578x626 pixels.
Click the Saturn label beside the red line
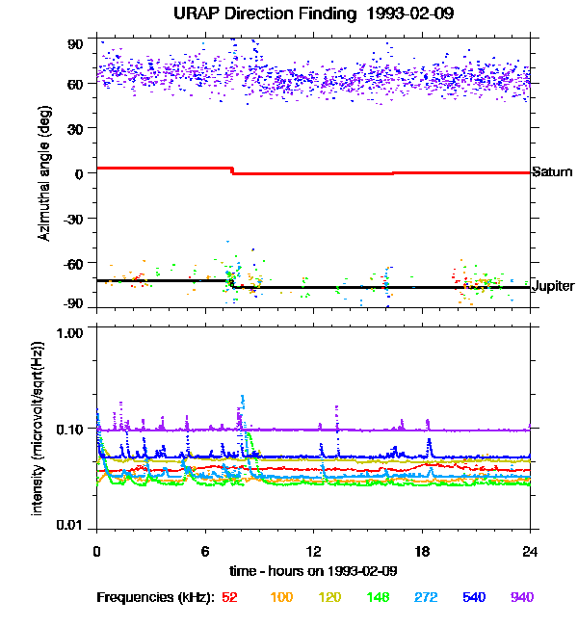pos(552,172)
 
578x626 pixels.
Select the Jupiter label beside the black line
pos(553,287)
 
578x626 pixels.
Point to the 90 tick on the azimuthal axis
pos(76,44)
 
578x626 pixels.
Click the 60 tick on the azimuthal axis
pos(76,84)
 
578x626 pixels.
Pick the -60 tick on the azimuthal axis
pos(73,262)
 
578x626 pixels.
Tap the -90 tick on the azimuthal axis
pos(73,302)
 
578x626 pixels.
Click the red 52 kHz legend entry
pos(229,597)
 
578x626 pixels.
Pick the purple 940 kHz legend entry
pos(521,597)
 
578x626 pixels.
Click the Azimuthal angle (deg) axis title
pos(45,173)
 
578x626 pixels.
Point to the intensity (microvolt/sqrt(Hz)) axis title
pos(39,429)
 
